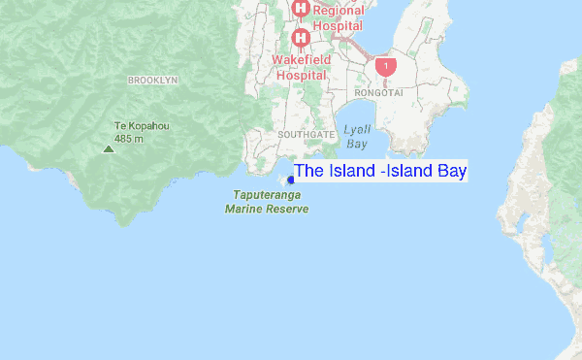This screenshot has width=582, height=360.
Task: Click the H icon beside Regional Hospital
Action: point(301,10)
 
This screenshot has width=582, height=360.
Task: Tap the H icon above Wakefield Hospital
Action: point(301,38)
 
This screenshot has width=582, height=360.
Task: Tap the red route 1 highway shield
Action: point(387,65)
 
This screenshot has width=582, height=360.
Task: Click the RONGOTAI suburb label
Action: point(378,93)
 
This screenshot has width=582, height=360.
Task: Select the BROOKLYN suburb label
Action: point(153,81)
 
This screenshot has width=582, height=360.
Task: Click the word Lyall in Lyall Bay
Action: point(357,130)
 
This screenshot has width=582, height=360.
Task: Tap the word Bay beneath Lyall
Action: point(357,144)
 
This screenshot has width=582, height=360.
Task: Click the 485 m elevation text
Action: point(129,139)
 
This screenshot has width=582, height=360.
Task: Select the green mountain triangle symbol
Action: point(107,148)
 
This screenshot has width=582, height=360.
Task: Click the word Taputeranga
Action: point(266,195)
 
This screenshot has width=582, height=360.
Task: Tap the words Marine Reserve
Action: point(267,209)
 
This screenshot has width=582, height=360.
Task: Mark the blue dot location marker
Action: point(290,180)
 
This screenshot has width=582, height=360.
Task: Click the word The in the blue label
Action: point(308,172)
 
